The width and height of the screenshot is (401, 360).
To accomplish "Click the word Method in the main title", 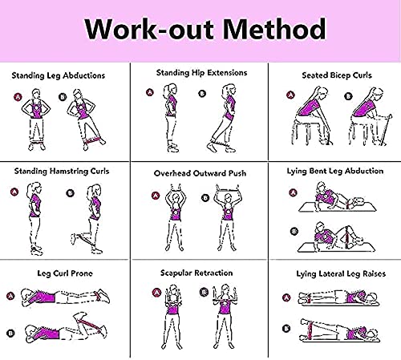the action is click(x=274, y=29).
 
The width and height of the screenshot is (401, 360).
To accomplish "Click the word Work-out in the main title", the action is click(x=149, y=29).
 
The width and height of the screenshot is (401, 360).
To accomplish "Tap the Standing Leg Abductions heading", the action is click(x=59, y=76).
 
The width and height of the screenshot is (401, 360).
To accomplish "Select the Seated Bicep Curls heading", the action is click(x=337, y=75).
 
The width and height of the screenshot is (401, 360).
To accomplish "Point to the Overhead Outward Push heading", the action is click(x=200, y=173).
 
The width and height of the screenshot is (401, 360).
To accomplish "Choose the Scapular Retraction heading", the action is click(x=196, y=273).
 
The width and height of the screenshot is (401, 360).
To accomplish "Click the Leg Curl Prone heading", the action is click(x=65, y=273).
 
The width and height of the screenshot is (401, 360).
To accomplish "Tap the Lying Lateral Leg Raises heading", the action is click(x=341, y=274).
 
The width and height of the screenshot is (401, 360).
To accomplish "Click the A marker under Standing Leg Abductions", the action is click(x=18, y=97).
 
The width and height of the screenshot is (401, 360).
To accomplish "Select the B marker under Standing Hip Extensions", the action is click(x=202, y=94).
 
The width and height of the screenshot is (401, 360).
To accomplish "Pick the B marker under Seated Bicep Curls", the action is click(x=348, y=96).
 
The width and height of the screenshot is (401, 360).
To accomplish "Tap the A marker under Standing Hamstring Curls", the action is click(x=14, y=192).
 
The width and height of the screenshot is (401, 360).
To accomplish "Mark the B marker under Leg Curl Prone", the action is click(x=10, y=334).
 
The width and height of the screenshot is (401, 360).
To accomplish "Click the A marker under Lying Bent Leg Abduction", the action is click(x=294, y=192).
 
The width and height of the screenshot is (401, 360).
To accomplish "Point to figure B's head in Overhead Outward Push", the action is click(x=228, y=198).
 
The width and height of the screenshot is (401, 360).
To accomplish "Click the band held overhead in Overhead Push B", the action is click(x=228, y=190).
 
